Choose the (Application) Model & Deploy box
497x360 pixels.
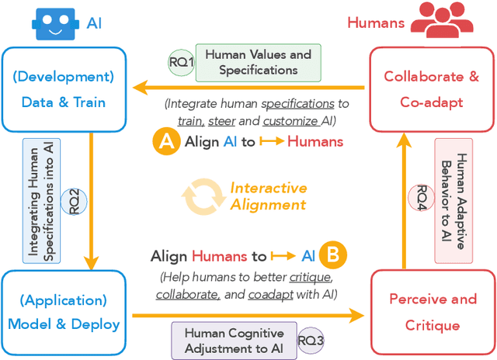pos(64,312)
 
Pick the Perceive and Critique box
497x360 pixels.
pos(432,311)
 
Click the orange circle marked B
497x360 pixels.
pos(334,255)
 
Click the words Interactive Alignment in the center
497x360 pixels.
pos(267,196)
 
